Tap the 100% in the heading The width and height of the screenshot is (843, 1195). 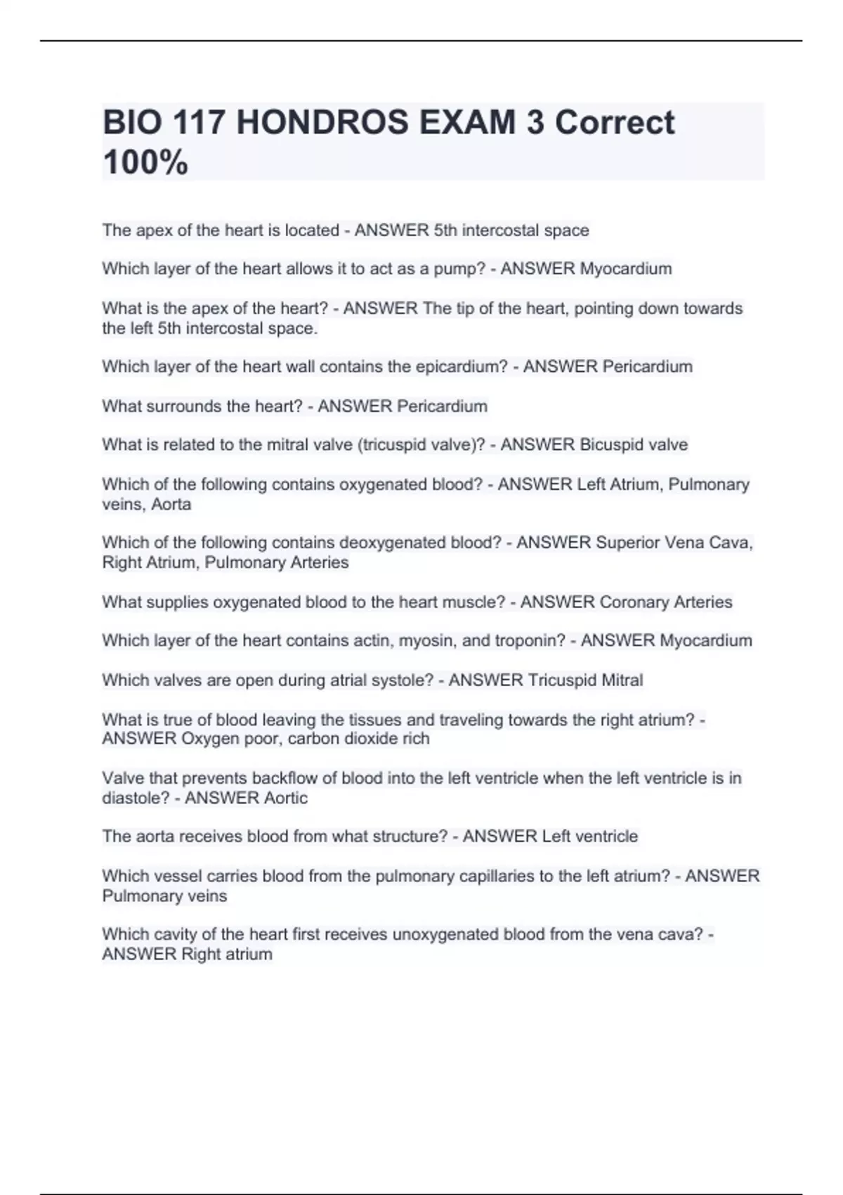point(145,162)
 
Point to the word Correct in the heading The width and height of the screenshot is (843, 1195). point(615,123)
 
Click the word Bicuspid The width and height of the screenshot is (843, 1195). point(609,445)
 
